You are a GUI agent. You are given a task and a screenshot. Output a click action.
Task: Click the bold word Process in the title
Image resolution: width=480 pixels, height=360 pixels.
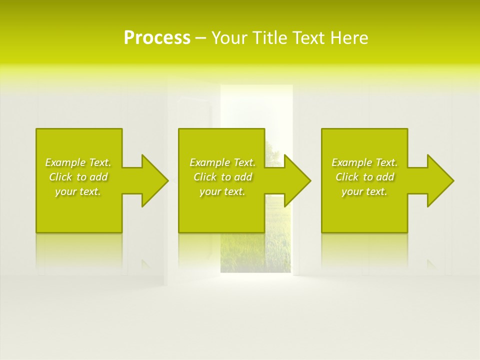point(157,38)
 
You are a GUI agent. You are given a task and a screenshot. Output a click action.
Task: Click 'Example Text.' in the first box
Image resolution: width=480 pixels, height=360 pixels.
point(78,162)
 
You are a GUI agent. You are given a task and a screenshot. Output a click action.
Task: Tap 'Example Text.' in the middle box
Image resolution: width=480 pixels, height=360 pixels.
point(222,162)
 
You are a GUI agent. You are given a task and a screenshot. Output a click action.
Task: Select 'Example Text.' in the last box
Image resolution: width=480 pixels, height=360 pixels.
point(364,162)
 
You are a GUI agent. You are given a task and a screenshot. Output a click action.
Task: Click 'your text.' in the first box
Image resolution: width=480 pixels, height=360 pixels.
point(78,191)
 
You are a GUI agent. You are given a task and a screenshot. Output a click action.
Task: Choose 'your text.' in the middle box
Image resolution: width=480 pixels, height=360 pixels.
point(222,191)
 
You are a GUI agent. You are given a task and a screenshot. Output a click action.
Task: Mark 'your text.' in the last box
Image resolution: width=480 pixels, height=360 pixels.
point(364,191)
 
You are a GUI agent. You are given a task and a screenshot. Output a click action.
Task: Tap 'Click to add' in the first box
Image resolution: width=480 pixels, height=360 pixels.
point(78,177)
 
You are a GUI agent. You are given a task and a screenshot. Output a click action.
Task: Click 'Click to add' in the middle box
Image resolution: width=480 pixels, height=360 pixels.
point(222,177)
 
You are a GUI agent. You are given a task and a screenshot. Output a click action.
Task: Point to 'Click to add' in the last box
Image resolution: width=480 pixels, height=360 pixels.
point(364,177)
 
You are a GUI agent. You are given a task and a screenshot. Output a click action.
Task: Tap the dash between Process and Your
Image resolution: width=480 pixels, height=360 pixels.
point(200,38)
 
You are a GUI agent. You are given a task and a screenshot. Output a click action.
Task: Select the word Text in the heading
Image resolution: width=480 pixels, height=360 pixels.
point(306,38)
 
